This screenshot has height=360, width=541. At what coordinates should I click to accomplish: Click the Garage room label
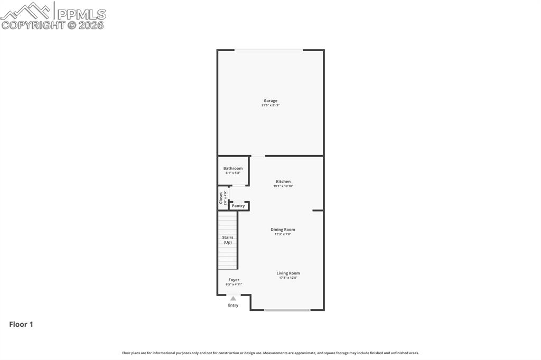(x=270, y=101)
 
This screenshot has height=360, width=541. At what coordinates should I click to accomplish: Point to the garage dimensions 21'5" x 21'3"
(x=270, y=106)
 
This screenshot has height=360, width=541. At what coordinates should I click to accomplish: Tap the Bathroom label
(x=233, y=168)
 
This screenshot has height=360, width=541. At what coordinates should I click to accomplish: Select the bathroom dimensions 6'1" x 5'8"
(x=233, y=173)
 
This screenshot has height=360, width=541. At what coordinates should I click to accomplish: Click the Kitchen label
(x=283, y=182)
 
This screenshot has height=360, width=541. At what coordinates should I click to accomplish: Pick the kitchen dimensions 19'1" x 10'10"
(x=283, y=186)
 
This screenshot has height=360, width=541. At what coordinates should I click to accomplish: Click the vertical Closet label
(x=221, y=197)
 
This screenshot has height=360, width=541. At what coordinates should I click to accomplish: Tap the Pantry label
(x=238, y=206)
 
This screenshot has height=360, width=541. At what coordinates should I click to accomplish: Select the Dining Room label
(x=283, y=230)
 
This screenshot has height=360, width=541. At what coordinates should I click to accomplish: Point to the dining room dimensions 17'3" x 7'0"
(x=283, y=234)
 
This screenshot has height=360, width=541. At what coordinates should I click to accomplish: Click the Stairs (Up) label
(x=228, y=240)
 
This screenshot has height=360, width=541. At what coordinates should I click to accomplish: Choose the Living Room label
(x=288, y=273)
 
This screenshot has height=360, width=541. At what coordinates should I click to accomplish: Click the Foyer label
(x=234, y=280)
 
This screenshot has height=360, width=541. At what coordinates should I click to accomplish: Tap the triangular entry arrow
(x=233, y=299)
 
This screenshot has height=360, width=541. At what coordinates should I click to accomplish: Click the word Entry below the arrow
(x=233, y=305)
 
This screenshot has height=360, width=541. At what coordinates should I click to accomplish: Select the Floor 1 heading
(x=21, y=325)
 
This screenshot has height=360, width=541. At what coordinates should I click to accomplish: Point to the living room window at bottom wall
(x=287, y=310)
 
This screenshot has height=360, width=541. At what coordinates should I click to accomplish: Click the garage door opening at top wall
(x=269, y=50)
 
